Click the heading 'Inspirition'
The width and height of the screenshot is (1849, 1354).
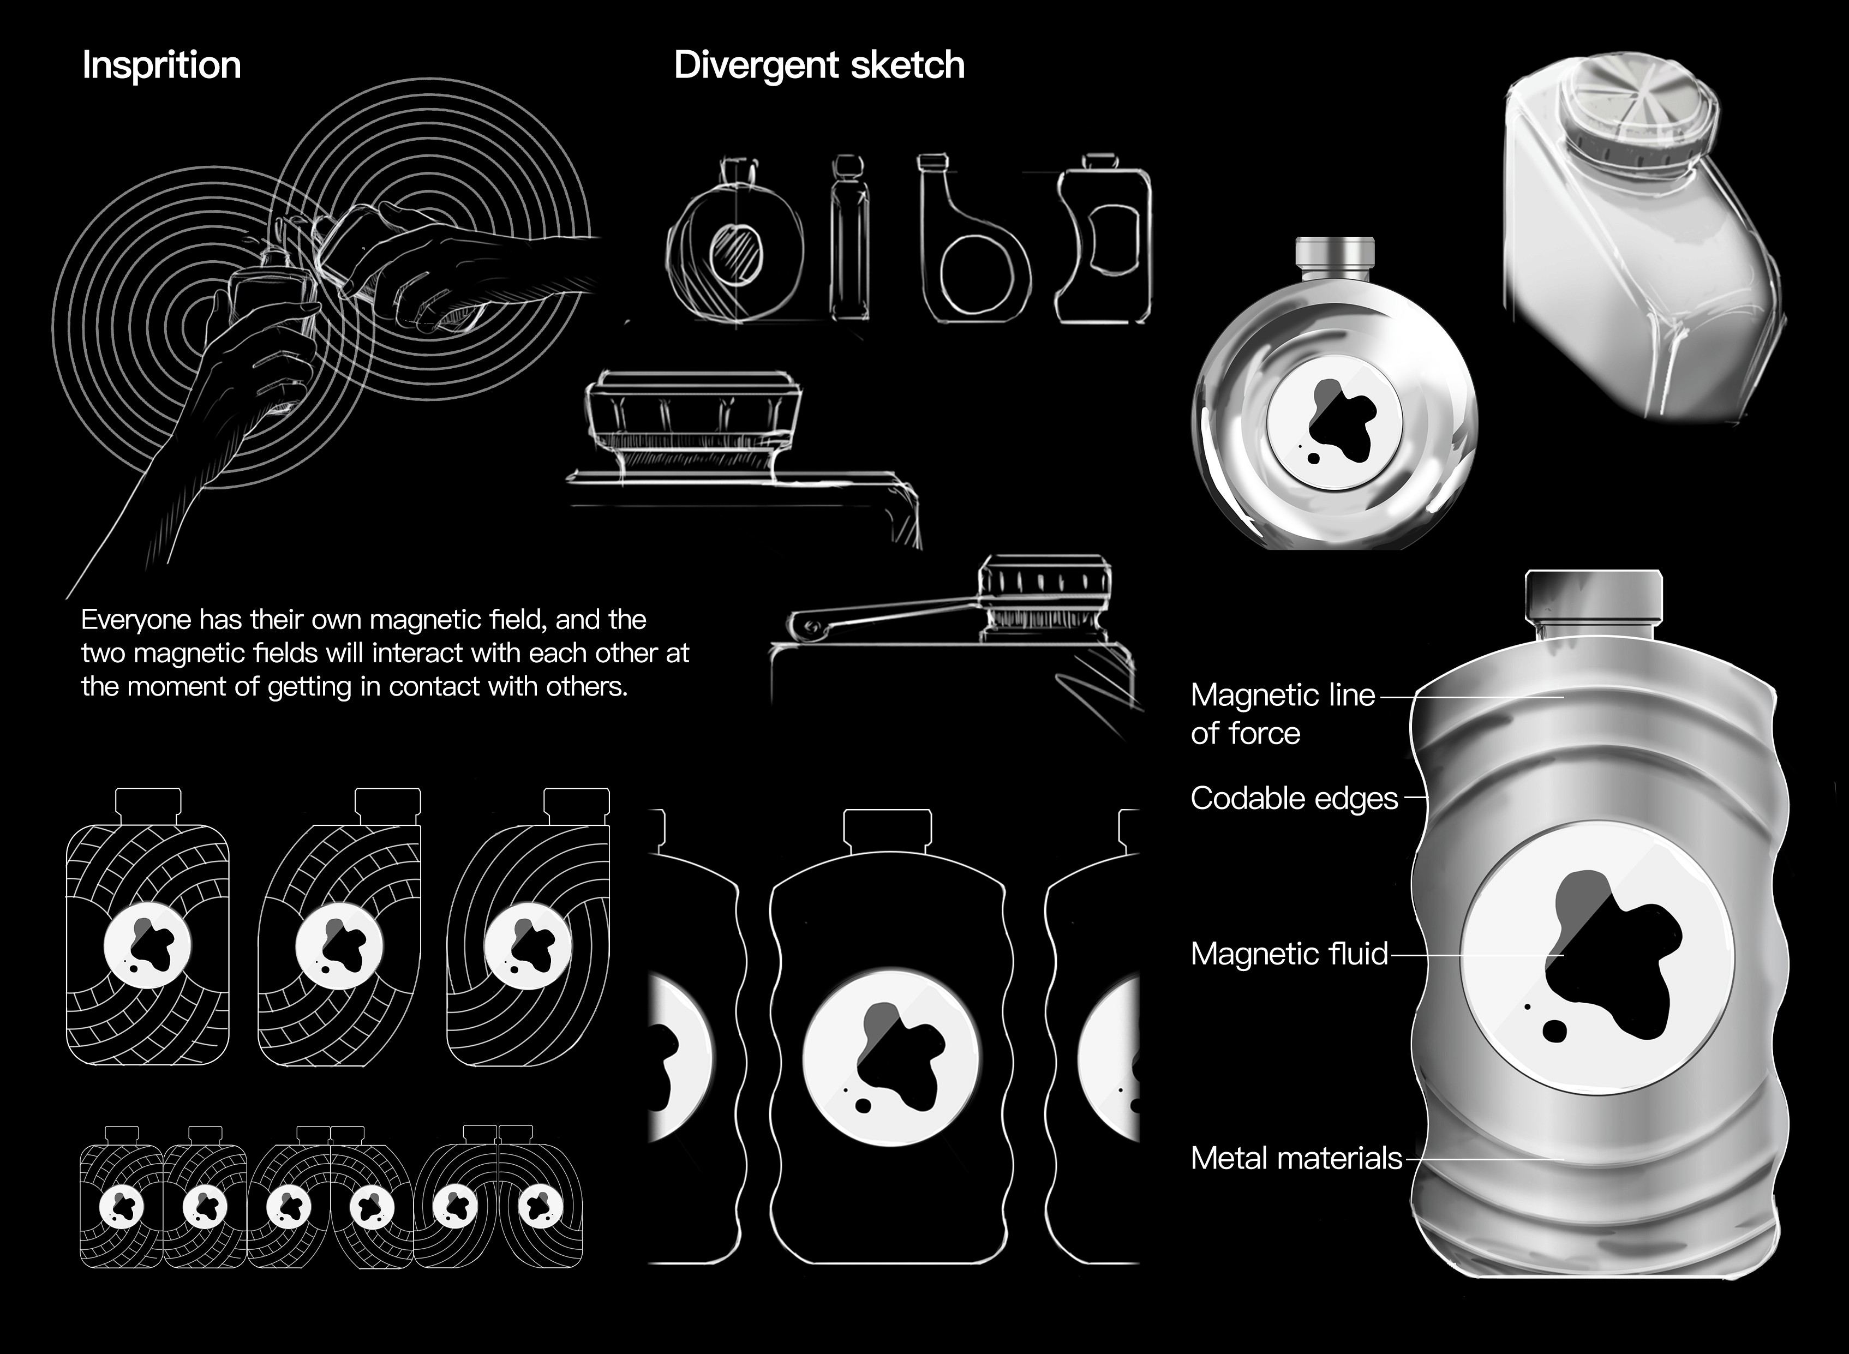click(x=161, y=65)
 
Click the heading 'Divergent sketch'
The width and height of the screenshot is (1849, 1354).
click(x=819, y=65)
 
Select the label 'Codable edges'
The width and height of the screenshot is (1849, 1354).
click(x=1294, y=798)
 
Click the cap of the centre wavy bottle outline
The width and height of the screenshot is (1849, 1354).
click(x=888, y=830)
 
